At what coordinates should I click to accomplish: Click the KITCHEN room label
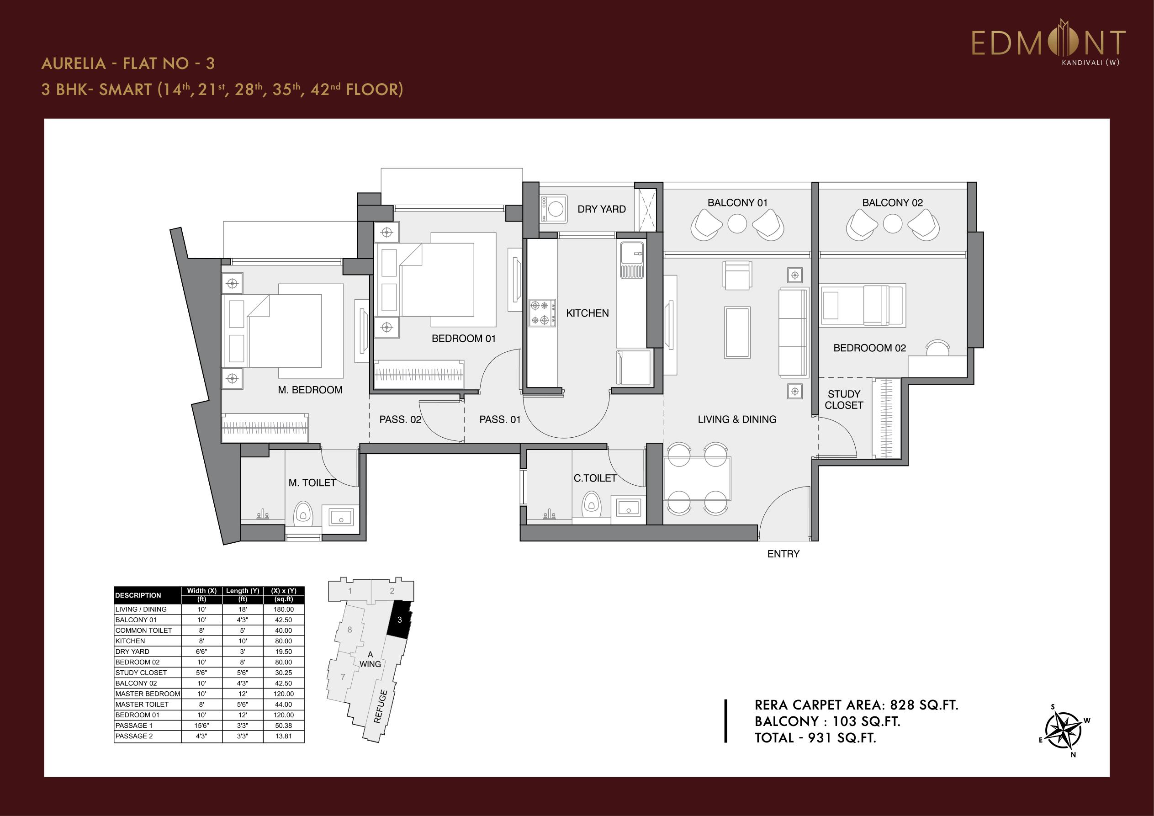pos(587,313)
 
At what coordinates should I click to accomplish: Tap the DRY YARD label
pos(602,209)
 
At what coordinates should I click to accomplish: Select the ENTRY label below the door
pos(783,554)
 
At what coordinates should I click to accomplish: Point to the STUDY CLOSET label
pos(844,400)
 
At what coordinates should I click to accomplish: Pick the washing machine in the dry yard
pos(554,208)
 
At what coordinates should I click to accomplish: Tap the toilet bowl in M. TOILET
pos(302,513)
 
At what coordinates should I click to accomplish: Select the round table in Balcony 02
pos(892,224)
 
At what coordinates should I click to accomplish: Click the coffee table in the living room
pos(737,332)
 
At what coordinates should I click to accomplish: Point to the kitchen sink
pos(632,260)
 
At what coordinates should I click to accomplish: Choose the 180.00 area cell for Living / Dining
pos(283,609)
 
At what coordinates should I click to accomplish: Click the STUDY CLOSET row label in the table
pos(141,673)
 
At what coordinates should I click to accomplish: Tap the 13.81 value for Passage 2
pos(283,736)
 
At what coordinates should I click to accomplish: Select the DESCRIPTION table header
pos(138,595)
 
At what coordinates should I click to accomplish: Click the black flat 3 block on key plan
pos(400,620)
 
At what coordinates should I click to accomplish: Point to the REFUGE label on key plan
pos(381,706)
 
